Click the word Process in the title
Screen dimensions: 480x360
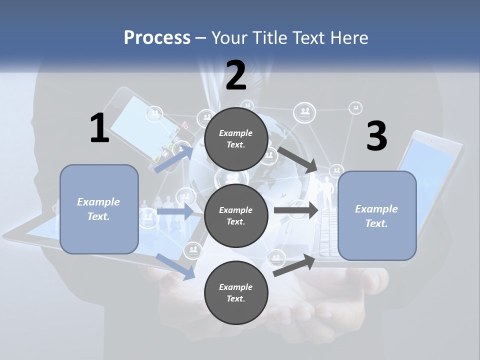coord(157,38)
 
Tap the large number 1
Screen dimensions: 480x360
coord(100,127)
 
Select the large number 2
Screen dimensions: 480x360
coord(236,75)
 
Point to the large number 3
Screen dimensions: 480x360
coord(377,135)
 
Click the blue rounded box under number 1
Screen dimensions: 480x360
coord(99,209)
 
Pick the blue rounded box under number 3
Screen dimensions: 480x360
coord(377,216)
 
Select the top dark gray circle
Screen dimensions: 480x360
coord(236,139)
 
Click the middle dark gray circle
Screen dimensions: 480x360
coord(236,216)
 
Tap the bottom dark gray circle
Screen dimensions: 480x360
coord(236,292)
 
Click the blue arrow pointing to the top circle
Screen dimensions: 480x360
coord(174,159)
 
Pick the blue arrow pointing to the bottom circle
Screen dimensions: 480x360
coord(175,267)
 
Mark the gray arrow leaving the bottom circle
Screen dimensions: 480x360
coord(294,265)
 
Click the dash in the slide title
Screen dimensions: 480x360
coord(201,39)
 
